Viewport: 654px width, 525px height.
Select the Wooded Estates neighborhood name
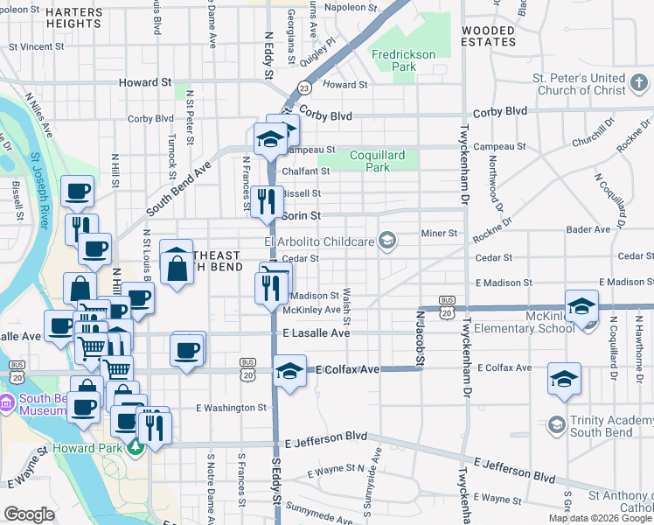pos(489,36)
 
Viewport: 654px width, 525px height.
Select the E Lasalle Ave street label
pos(317,333)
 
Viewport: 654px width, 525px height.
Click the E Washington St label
pos(231,408)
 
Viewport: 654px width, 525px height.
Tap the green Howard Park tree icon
pos(135,449)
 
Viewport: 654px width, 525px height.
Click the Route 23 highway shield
pos(304,87)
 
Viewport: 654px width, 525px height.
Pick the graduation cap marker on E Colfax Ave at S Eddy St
pos(290,372)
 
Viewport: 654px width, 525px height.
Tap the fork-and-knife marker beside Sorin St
pos(268,202)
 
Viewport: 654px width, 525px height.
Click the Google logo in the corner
pos(29,514)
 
